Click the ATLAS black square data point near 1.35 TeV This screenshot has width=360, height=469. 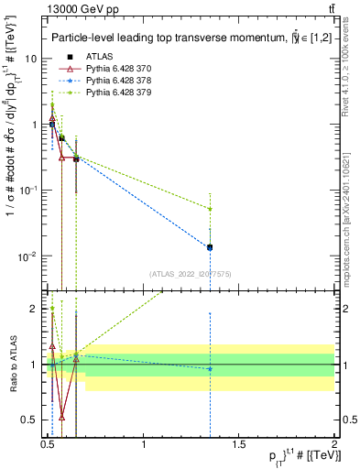210,247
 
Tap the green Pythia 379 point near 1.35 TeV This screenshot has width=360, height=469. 210,209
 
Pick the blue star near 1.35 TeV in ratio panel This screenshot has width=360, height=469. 210,369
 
